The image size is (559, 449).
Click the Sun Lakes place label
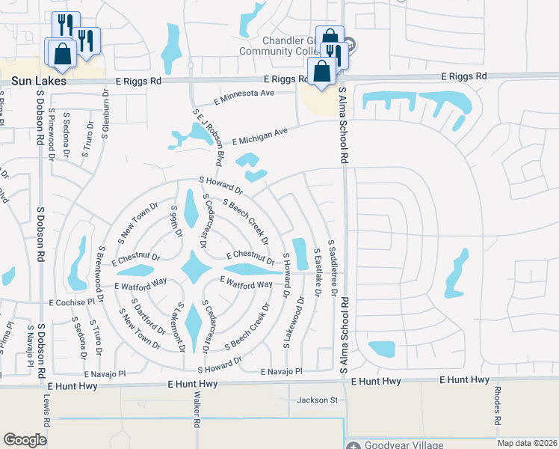(24, 79)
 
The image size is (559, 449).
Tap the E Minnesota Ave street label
(244, 97)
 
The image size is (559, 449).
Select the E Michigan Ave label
(259, 136)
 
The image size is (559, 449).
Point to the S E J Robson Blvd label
(209, 138)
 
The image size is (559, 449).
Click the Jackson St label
(318, 400)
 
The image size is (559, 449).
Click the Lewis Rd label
(46, 412)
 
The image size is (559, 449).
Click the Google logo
(25, 440)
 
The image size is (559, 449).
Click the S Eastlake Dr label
(317, 272)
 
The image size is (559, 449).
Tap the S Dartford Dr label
(148, 318)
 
